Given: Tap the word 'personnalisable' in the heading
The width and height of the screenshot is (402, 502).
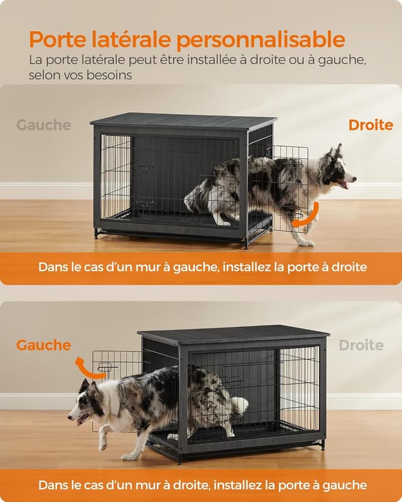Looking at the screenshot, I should [260, 40].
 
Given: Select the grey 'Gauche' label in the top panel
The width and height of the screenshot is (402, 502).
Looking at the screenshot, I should [43, 125].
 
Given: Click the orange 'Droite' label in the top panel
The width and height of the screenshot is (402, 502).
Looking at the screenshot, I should [371, 125].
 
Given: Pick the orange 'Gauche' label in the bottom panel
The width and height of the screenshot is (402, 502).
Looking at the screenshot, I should [43, 345].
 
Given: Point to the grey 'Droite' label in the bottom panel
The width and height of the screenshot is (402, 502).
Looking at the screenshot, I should [361, 345].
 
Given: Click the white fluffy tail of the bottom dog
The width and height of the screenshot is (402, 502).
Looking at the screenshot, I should [238, 405].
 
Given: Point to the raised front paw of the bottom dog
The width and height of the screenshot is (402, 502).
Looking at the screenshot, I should [102, 446].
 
